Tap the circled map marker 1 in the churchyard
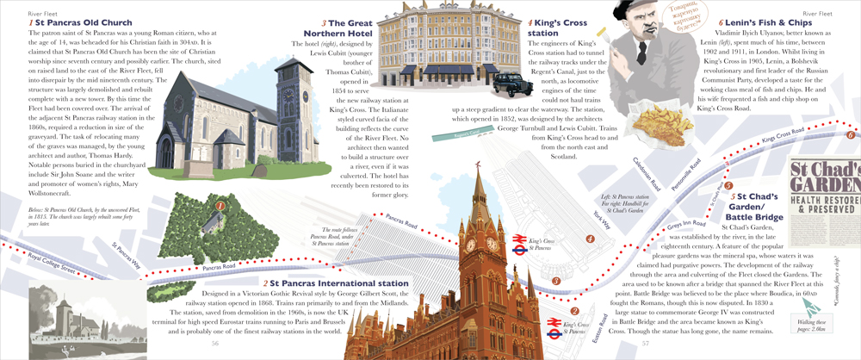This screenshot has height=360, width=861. (220, 205)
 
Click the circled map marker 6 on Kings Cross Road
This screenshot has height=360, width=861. (850, 134)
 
